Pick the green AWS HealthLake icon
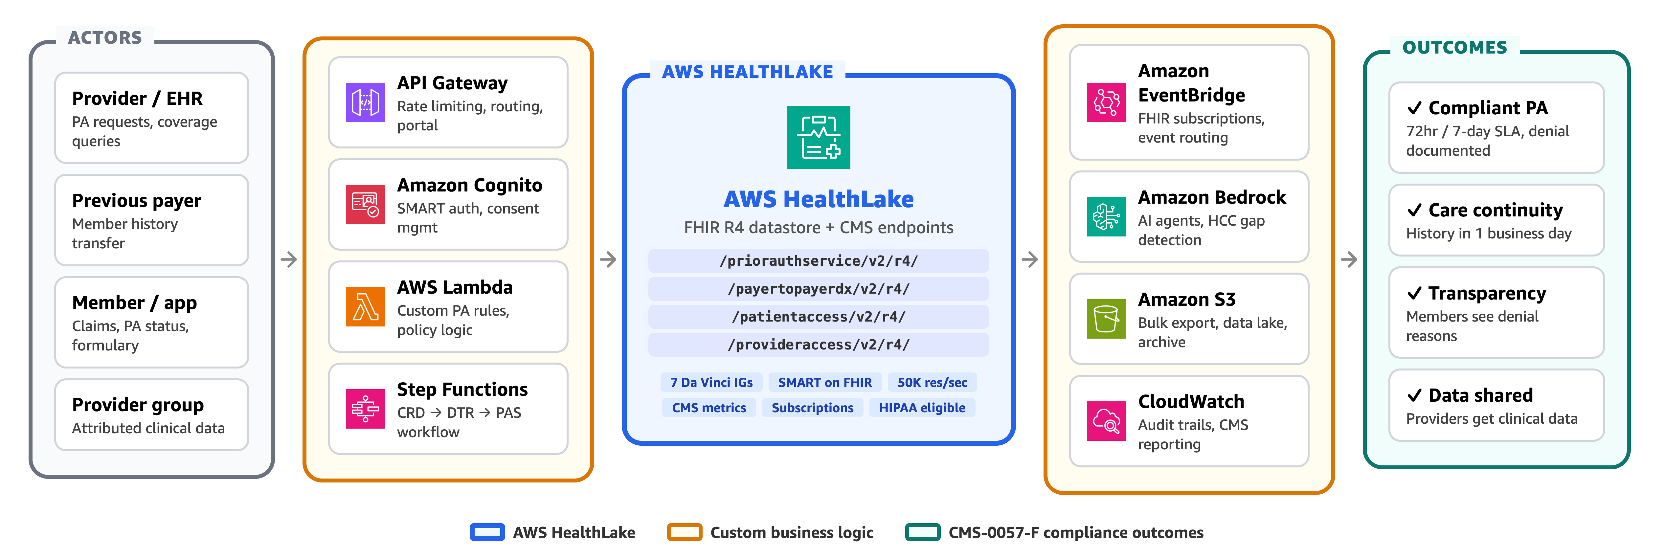819,137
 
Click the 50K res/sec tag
932,383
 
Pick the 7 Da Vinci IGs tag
711,383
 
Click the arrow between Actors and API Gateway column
289,259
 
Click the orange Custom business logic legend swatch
684,532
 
